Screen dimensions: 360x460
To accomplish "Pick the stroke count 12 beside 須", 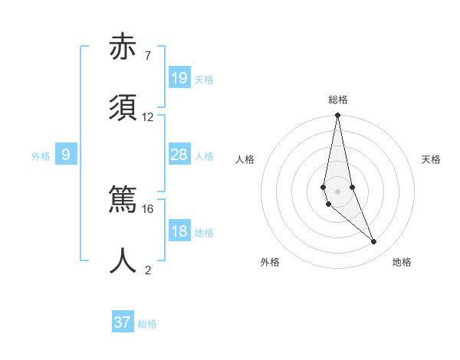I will click(x=148, y=117).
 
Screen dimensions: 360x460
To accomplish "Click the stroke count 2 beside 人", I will click(x=148, y=270).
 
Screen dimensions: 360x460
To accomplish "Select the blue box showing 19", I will click(x=179, y=78).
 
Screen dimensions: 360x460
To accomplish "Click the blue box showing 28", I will click(x=179, y=155).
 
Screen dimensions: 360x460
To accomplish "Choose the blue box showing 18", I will click(x=179, y=231).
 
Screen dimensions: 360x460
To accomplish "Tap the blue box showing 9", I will click(x=66, y=155).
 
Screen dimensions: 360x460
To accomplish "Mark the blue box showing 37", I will click(x=123, y=322).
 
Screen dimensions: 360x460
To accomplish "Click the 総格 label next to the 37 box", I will click(x=147, y=324).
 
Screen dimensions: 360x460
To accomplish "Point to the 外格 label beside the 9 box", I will click(x=41, y=156).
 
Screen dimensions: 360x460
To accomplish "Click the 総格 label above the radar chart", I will click(x=338, y=100).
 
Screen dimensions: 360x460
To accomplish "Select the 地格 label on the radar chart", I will click(x=402, y=262).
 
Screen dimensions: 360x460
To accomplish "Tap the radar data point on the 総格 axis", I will click(x=338, y=116).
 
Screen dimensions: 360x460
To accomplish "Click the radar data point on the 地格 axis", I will click(x=374, y=242).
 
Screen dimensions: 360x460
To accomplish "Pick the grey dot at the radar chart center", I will click(x=338, y=191).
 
